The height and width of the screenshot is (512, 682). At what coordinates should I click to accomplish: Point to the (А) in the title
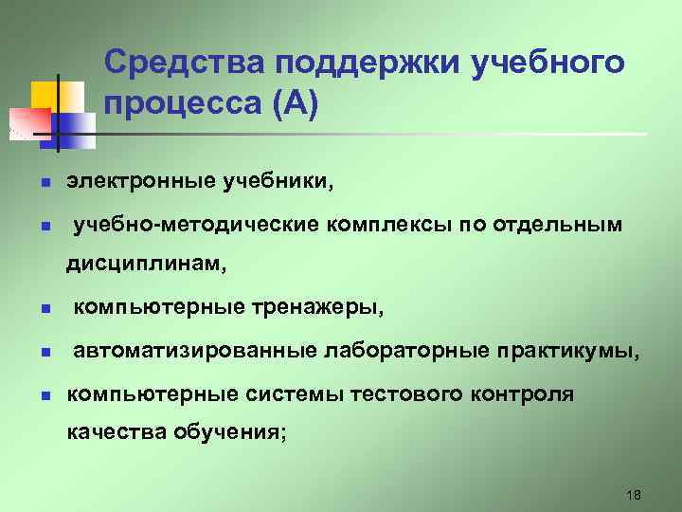click(x=296, y=103)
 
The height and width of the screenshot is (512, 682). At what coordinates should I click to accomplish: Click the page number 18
click(x=634, y=495)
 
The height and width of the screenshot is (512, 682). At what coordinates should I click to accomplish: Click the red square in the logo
click(x=27, y=121)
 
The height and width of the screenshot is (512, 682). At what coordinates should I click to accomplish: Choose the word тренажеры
click(x=317, y=308)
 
